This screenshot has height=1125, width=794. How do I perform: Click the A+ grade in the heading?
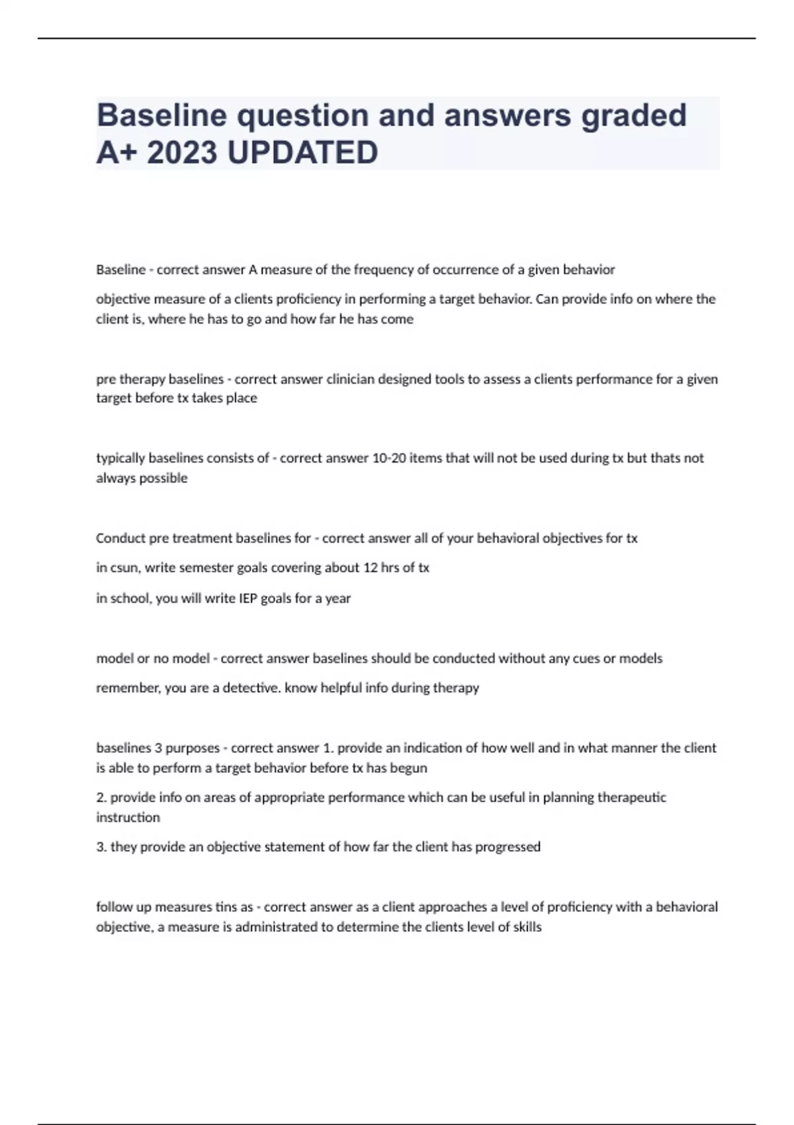115,153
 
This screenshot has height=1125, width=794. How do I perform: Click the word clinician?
352,379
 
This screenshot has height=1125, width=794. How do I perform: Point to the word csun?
123,568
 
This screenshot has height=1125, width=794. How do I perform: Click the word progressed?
507,847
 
